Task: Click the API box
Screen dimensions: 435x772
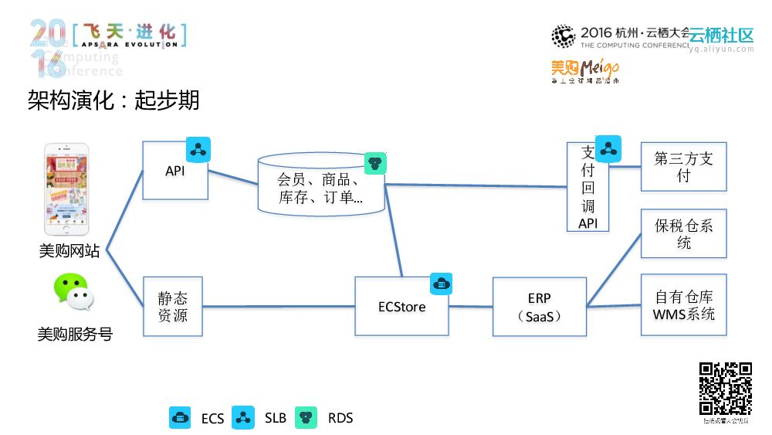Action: click(174, 171)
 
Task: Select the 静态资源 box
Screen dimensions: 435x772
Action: click(173, 306)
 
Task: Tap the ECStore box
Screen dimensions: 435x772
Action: click(401, 306)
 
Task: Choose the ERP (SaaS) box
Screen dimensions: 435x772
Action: click(540, 307)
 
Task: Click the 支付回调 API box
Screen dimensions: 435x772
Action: click(588, 187)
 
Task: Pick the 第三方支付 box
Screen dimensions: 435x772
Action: click(683, 167)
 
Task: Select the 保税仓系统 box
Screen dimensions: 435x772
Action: click(683, 233)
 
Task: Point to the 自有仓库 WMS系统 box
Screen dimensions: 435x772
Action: click(683, 305)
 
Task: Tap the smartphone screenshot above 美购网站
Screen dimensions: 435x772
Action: click(66, 189)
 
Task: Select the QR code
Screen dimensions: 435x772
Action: click(726, 389)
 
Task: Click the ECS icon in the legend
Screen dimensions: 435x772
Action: click(180, 417)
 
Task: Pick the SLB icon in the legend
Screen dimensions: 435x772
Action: click(244, 417)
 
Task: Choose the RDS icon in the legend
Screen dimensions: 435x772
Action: click(307, 417)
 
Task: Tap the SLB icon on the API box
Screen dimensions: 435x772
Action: click(198, 149)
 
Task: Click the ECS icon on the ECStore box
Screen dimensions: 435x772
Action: click(441, 284)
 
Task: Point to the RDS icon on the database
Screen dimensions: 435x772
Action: click(375, 163)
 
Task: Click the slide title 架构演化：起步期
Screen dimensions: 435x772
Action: click(113, 100)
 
